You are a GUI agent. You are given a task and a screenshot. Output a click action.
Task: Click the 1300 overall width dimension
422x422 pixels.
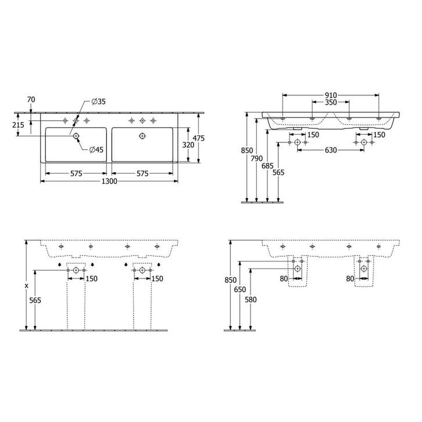[x=109, y=181]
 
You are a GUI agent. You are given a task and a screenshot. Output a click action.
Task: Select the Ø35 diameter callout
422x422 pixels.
[x=99, y=102]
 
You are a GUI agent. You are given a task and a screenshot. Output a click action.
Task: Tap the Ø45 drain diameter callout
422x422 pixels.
[x=96, y=149]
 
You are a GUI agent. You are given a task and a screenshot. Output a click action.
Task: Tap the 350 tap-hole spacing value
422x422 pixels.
[x=330, y=103]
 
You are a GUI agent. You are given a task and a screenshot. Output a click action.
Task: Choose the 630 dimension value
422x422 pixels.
[x=331, y=151]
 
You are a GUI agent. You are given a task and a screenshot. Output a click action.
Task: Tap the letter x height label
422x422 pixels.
[x=26, y=285]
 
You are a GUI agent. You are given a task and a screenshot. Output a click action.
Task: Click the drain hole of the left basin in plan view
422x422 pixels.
[x=75, y=136]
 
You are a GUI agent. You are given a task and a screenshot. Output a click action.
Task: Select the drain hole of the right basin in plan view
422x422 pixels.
[x=142, y=136]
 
